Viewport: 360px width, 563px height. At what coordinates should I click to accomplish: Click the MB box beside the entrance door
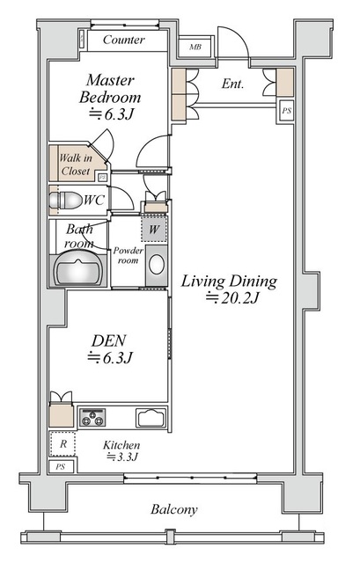[x=196, y=47]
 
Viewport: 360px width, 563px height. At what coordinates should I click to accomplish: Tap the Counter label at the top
[x=123, y=40]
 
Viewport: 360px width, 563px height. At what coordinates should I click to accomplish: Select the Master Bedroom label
[x=110, y=89]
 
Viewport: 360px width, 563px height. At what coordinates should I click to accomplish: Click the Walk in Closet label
[x=76, y=165]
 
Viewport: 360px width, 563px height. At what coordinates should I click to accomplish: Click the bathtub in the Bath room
[x=79, y=269]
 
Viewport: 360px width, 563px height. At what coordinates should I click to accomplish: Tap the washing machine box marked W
[x=154, y=229]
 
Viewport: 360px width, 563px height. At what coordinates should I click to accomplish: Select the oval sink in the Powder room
[x=157, y=265]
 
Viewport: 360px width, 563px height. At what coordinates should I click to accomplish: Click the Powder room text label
[x=128, y=255]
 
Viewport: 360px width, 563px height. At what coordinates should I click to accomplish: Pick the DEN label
[x=109, y=340]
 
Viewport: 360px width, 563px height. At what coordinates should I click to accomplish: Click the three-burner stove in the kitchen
[x=92, y=417]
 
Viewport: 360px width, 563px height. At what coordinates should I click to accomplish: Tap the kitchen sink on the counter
[x=151, y=418]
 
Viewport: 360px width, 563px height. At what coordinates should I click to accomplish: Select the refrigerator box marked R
[x=62, y=444]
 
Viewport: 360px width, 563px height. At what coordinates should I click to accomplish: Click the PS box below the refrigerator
[x=61, y=467]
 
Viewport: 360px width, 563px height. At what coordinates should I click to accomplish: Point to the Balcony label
[x=174, y=510]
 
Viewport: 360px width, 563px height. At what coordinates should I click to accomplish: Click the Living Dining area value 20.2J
[x=232, y=298]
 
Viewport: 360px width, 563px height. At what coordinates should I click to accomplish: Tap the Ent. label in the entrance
[x=232, y=84]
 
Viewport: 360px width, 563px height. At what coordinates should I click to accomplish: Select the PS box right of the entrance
[x=286, y=111]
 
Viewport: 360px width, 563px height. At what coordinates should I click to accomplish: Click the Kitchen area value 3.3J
[x=122, y=457]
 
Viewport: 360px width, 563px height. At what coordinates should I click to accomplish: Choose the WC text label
[x=94, y=201]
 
